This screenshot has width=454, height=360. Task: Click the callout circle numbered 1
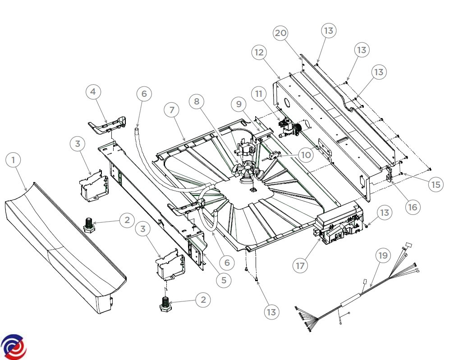[x=14, y=159]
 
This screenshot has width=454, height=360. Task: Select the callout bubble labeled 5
[x=224, y=280]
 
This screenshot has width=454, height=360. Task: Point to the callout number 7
[x=173, y=109]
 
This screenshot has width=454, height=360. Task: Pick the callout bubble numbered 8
[x=197, y=101]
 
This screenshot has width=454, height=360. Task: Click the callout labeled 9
[x=238, y=104]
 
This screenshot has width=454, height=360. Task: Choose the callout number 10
[x=305, y=155]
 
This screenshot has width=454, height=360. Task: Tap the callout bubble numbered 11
[x=258, y=94]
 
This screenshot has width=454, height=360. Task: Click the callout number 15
[x=436, y=185]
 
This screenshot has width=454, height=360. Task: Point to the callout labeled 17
[x=300, y=266]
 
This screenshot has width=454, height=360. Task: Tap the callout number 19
[x=382, y=256]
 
